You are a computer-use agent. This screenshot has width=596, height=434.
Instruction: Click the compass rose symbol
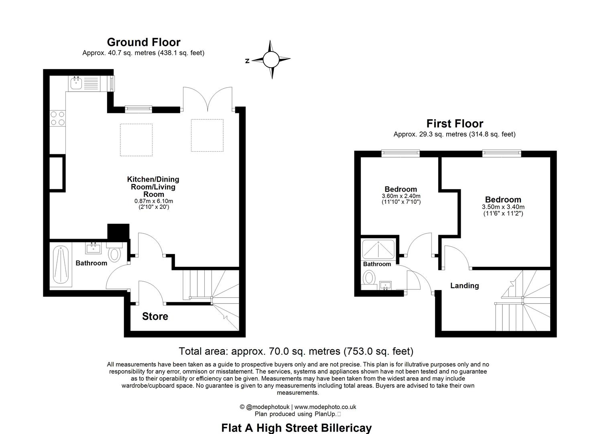(271, 60)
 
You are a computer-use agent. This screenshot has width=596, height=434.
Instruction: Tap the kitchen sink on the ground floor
(76, 84)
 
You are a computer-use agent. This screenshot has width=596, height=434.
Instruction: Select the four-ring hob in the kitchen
(57, 118)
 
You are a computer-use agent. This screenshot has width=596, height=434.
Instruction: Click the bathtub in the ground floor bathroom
(61, 265)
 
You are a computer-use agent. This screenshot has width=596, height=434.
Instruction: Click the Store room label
(155, 317)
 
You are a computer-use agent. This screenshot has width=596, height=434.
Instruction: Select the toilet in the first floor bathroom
(368, 277)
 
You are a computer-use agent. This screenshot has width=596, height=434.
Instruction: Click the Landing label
(464, 286)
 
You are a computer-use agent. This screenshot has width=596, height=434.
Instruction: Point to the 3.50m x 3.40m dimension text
(503, 207)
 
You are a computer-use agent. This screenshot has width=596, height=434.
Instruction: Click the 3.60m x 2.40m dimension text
(401, 196)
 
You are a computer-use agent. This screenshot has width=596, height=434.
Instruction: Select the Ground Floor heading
(143, 42)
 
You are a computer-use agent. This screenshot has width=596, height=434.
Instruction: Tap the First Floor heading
(454, 124)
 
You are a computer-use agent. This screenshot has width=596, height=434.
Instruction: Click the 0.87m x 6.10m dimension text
(153, 201)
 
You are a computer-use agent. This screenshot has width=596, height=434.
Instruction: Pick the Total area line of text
(296, 351)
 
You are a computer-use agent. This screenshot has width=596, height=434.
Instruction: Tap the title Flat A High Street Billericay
(296, 428)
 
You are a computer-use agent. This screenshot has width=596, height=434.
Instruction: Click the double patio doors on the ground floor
(207, 99)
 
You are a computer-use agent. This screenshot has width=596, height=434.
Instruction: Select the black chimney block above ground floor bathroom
(118, 232)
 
